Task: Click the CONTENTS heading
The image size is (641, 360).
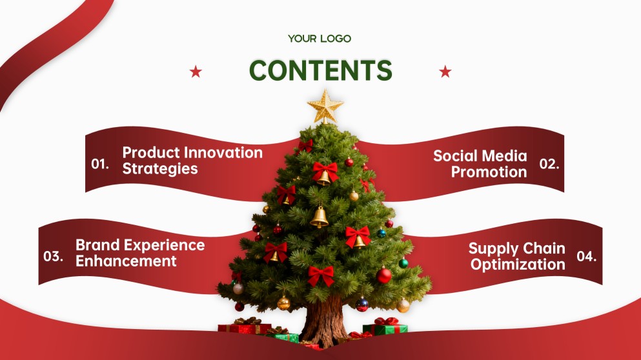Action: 320,70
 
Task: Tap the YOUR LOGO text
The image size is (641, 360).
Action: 320,39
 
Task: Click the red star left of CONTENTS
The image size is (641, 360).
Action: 196,72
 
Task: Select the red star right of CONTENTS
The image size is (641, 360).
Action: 445,72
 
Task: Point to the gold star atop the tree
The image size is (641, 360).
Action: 325,106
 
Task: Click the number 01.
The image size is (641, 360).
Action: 100,165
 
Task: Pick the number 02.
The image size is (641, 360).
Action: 549,165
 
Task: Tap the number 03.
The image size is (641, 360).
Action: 53,257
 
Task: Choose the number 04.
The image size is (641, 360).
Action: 587,257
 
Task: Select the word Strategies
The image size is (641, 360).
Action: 160,169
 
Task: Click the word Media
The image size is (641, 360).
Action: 504,156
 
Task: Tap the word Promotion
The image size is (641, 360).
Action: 489,172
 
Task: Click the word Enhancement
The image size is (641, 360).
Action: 126,261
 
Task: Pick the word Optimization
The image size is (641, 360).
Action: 518,265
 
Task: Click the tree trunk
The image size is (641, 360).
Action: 325,319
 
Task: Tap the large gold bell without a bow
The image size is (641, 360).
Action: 320,217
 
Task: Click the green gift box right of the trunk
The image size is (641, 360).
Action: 385,328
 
